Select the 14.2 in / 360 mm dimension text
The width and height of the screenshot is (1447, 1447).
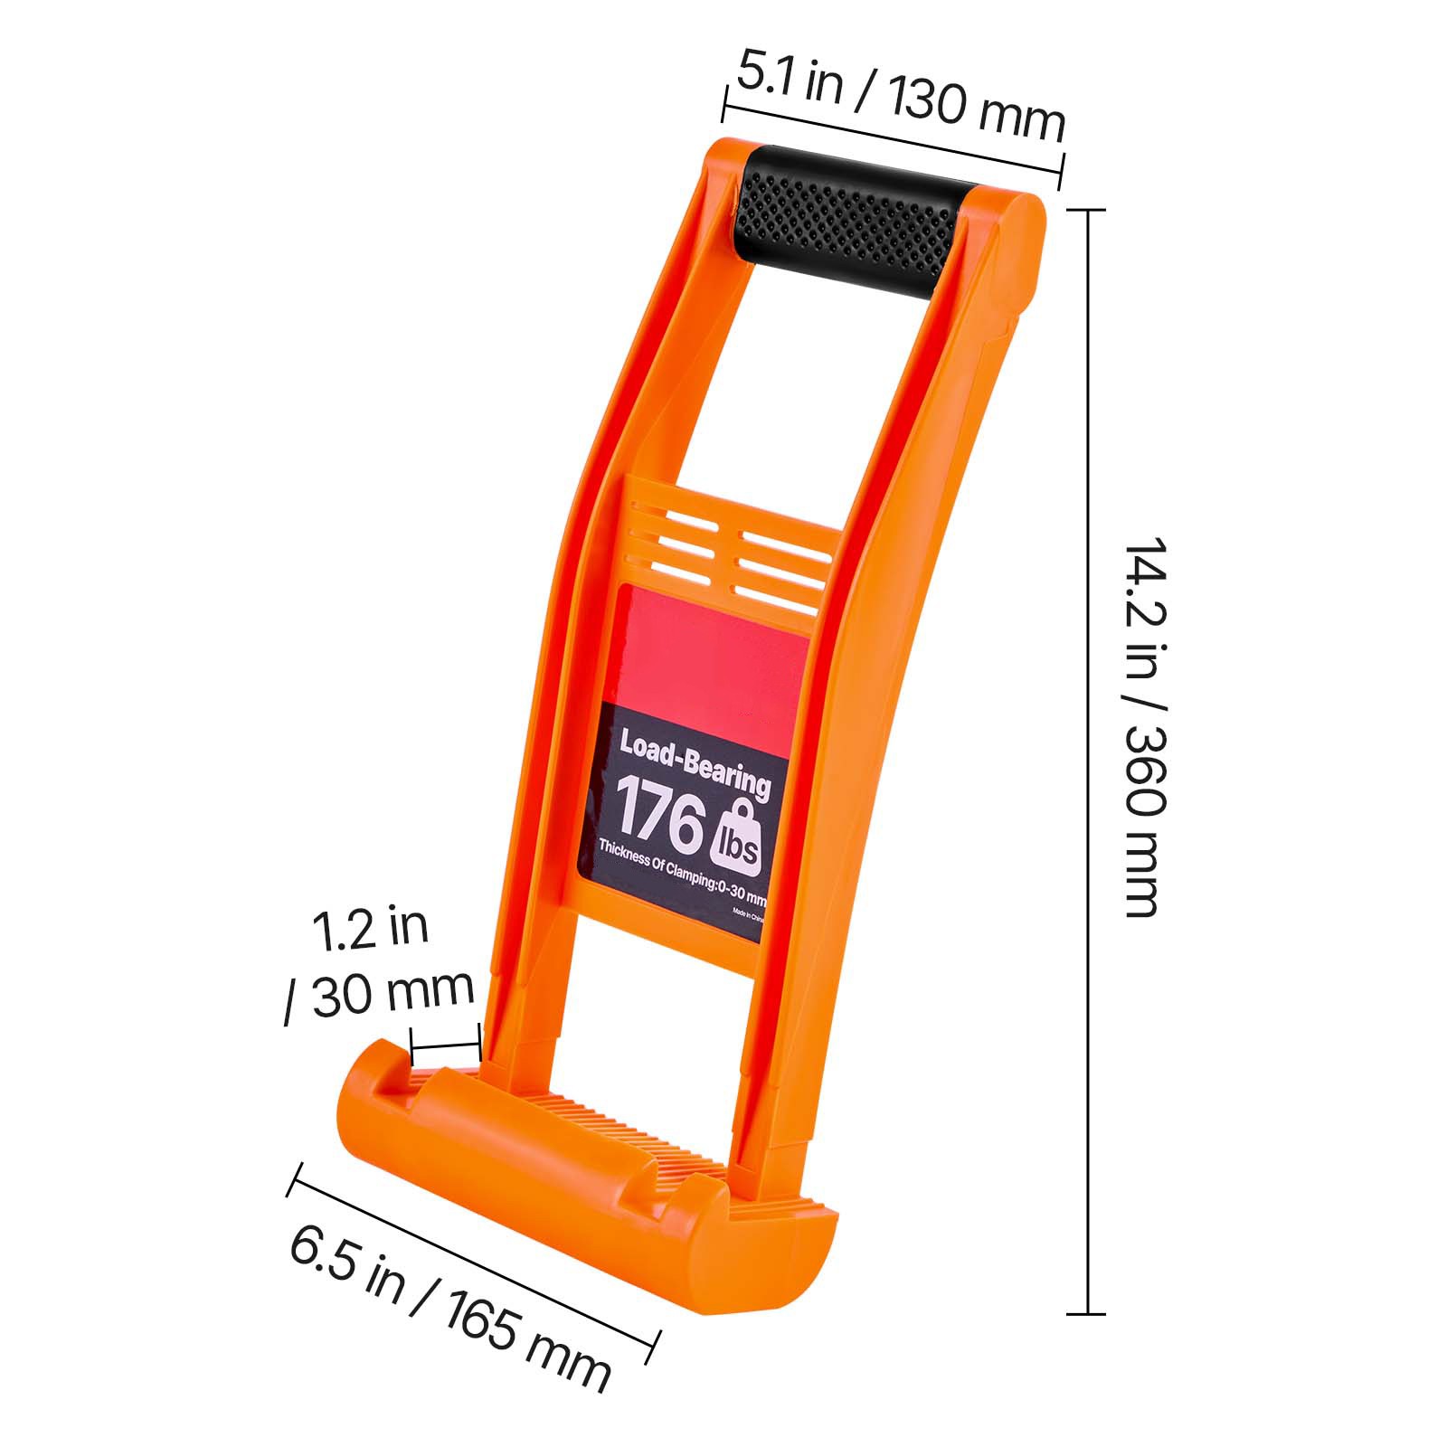(1142, 728)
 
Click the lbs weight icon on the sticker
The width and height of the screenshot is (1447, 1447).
(742, 837)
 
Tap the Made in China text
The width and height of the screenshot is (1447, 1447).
(749, 914)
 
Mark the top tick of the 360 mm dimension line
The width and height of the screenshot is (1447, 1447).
(1085, 210)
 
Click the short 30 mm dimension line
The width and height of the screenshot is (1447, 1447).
(445, 1047)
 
